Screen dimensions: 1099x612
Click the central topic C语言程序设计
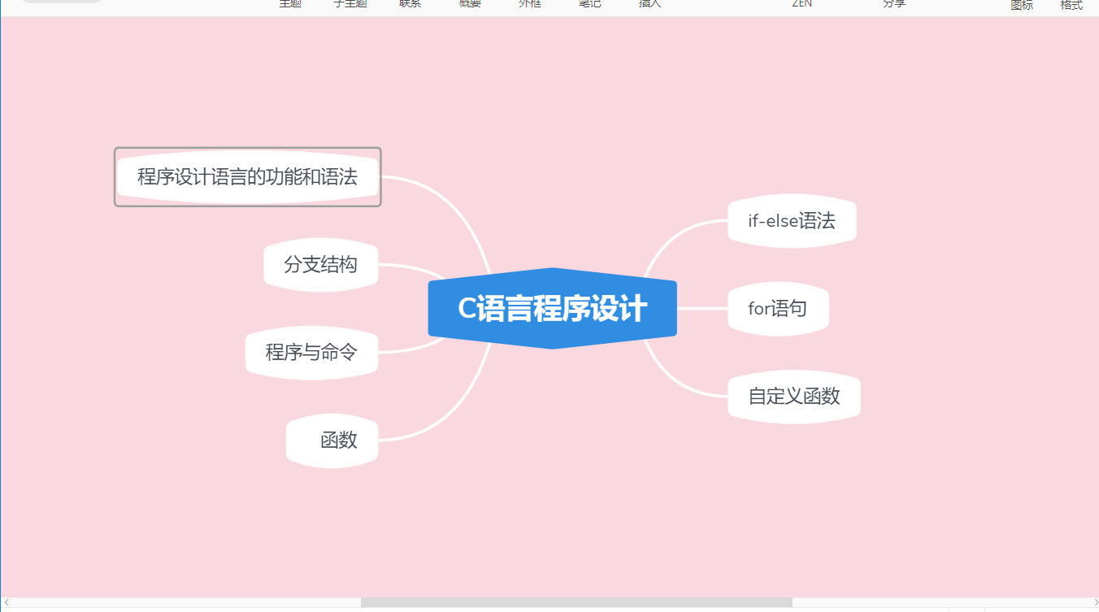[x=552, y=309]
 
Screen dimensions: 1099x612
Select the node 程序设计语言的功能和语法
[x=247, y=176]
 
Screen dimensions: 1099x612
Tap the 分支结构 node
[x=320, y=264]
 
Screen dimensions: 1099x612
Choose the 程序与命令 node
[x=311, y=352]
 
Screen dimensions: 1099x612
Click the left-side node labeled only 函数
[x=332, y=441]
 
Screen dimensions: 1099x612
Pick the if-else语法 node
[x=792, y=221]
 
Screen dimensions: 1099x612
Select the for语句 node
[x=778, y=309]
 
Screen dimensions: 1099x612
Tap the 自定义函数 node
[x=793, y=397]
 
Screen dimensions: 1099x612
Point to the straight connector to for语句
[x=702, y=309]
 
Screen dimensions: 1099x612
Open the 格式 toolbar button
[x=1071, y=5]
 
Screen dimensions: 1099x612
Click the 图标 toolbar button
[x=1022, y=5]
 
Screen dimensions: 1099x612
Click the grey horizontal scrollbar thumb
[x=576, y=602]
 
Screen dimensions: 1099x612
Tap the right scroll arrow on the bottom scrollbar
[x=1095, y=602]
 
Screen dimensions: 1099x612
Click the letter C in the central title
[x=467, y=310]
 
